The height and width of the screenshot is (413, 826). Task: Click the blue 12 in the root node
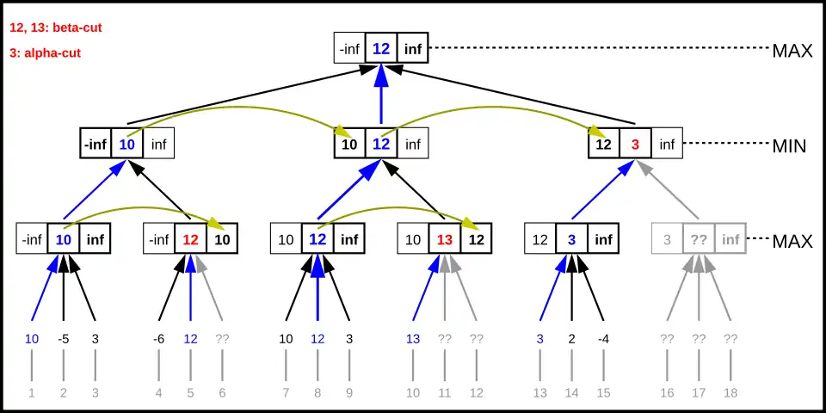[x=381, y=48]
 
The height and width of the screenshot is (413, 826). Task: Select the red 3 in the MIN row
[x=635, y=144]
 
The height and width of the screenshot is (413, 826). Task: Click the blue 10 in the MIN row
[x=126, y=144]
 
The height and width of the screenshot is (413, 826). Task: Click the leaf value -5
[x=64, y=339]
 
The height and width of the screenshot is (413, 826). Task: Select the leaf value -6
[x=158, y=339]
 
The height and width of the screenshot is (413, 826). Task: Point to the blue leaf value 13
[x=412, y=339]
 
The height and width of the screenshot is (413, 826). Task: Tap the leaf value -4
[x=603, y=339]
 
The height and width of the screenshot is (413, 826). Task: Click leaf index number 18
[x=730, y=393]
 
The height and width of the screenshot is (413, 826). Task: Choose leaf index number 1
[x=32, y=393]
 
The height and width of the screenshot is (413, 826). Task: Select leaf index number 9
[x=348, y=393]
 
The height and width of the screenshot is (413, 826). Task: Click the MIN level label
[x=788, y=145]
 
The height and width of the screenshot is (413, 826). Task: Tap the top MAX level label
[x=792, y=50]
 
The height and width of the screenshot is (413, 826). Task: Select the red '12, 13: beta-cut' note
[x=55, y=28]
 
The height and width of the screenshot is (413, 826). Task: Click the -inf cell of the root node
[x=349, y=48]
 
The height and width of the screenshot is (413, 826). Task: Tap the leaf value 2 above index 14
[x=571, y=339]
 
